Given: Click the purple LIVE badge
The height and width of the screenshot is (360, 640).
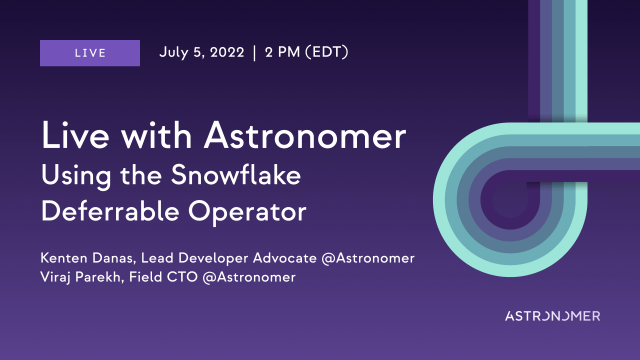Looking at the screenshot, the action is tap(90, 53).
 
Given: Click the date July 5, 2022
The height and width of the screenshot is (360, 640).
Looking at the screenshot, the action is tap(201, 52).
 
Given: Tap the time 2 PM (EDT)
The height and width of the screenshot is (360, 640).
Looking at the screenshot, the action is tap(307, 52).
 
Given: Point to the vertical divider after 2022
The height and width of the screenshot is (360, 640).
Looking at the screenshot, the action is tap(254, 53).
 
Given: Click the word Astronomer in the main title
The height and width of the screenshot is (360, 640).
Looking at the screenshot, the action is tap(304, 135).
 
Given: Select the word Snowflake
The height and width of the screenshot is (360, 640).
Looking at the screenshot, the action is tap(236, 175).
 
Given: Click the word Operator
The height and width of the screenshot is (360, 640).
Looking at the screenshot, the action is tap(247, 213).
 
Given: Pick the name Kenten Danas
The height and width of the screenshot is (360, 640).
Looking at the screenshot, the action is tap(87, 258).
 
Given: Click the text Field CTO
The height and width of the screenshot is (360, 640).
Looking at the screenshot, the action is tap(163, 277).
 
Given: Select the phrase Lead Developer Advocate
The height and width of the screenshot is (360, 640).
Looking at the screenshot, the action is tap(229, 258).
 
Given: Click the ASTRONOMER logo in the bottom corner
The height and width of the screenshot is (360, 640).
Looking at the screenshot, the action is tap(552, 316).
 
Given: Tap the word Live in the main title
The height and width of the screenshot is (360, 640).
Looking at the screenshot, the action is tap(75, 135).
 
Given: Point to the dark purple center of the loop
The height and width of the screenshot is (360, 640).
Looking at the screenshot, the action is tap(509, 200).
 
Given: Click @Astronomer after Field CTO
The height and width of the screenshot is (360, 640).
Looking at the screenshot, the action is tap(249, 277).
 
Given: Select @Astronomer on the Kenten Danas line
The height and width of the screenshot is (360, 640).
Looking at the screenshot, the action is tap(368, 258).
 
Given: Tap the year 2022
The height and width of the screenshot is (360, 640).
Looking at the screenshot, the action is tap(227, 52).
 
